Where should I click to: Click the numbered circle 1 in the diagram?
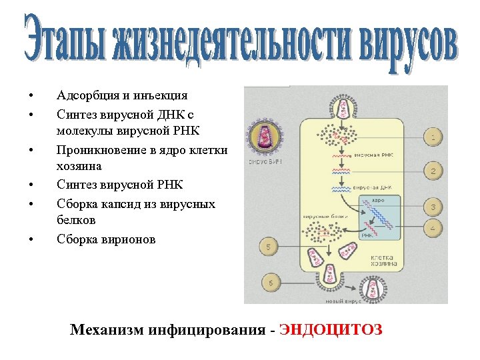433,138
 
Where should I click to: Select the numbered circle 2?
433,171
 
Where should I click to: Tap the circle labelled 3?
433,207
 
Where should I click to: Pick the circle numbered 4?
433,228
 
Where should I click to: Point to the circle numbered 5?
268,248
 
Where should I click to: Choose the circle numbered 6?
270,282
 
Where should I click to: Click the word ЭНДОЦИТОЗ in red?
331,330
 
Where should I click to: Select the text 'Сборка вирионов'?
106,239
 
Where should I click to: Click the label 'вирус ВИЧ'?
263,162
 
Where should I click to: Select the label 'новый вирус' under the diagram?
343,301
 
